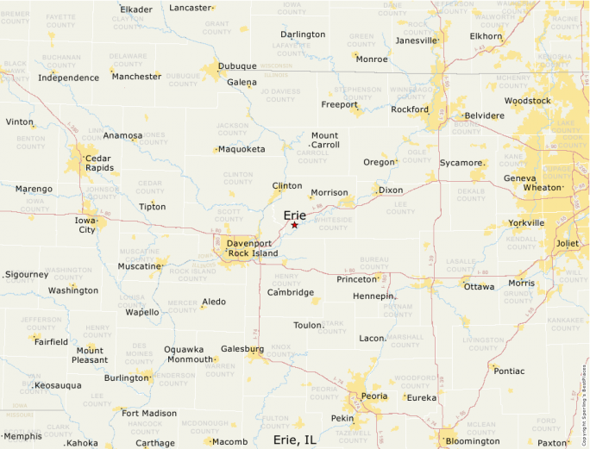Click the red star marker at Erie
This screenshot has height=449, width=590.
click(x=294, y=225)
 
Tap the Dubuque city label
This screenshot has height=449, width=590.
click(x=237, y=65)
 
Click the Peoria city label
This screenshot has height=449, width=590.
click(x=374, y=396)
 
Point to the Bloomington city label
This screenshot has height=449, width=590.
click(x=472, y=441)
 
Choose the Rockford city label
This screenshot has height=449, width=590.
click(x=410, y=109)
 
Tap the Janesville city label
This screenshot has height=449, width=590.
click(x=417, y=41)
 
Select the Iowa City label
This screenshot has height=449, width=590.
click(x=87, y=224)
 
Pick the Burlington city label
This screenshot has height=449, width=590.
click(x=126, y=377)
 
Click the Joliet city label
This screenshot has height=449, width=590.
click(x=568, y=243)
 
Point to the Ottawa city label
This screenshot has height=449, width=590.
click(x=480, y=286)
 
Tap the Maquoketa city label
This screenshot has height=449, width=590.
click(x=242, y=148)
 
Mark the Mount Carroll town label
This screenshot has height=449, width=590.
click(x=324, y=140)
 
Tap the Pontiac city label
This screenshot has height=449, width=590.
click(x=509, y=371)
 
